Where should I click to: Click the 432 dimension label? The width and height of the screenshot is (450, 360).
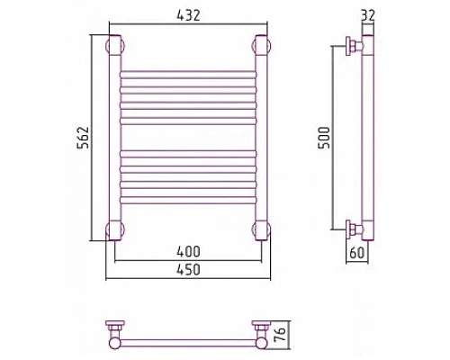(x=188, y=15)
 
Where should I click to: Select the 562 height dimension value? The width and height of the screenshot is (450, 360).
(x=83, y=138)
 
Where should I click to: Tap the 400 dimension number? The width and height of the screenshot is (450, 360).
(x=188, y=251)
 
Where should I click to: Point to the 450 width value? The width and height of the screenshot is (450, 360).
(x=188, y=269)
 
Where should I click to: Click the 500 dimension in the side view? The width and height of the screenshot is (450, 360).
(x=324, y=138)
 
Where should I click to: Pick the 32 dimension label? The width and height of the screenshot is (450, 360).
(x=368, y=15)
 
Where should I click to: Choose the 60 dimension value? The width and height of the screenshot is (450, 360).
(x=357, y=253)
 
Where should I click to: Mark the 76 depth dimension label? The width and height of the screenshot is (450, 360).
(x=280, y=335)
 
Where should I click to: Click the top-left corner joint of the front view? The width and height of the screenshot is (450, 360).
(x=115, y=46)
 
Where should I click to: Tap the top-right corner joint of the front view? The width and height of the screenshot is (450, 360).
(x=262, y=46)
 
